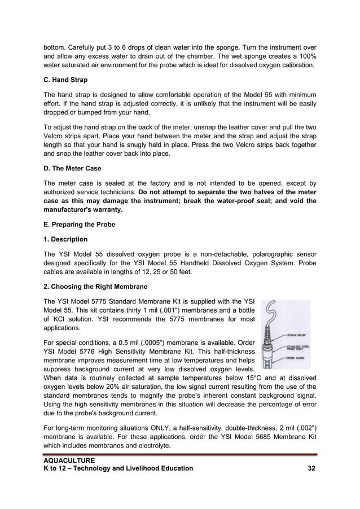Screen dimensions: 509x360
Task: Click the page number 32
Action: [x=311, y=468]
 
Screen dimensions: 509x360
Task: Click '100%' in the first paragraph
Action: [x=305, y=56]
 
